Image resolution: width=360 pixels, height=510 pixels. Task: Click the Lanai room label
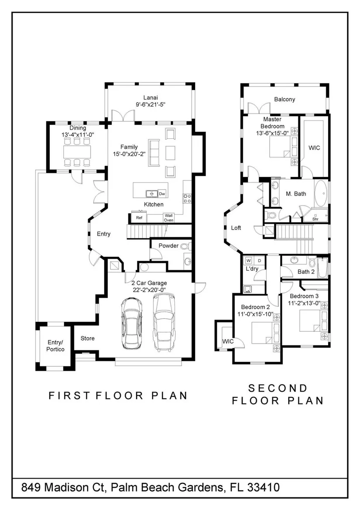151,97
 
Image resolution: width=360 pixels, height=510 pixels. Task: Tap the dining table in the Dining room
77,152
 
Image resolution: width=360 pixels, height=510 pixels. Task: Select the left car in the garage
132,324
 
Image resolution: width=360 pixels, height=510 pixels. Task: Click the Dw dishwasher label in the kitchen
162,194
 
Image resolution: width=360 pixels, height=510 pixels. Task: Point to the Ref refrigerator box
139,217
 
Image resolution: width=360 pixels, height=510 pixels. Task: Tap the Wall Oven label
168,217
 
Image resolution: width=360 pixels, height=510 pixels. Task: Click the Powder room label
168,246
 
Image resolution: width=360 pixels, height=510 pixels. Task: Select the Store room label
87,338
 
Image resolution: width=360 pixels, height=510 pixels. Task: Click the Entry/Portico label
55,346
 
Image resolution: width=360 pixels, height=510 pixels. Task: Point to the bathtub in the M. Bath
321,193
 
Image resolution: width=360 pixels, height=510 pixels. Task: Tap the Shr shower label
315,219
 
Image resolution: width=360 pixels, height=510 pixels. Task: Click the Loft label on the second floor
236,227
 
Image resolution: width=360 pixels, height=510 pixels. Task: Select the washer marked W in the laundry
249,261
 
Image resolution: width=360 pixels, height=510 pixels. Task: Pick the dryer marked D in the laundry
259,261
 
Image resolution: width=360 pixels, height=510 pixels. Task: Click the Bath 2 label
306,272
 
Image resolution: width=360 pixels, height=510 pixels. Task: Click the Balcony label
285,99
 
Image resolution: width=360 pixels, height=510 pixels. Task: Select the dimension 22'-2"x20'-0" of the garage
149,290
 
